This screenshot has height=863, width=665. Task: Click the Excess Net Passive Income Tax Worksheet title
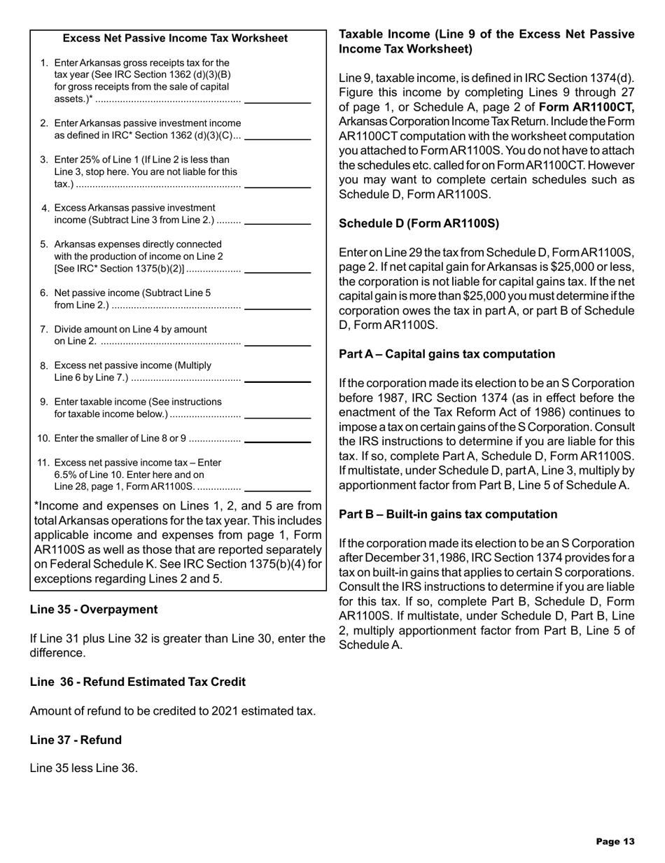click(175, 38)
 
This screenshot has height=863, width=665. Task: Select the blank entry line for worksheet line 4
click(279, 223)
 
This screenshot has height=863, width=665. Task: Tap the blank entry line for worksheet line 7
click(279, 344)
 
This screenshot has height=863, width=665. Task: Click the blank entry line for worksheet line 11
click(279, 489)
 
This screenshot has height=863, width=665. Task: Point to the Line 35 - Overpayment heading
click(94, 609)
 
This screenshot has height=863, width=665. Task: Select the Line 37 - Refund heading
click(76, 739)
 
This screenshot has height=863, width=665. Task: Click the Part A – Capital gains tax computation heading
click(447, 354)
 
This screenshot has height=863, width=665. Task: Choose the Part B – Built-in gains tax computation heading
click(448, 514)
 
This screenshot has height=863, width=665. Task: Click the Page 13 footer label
click(615, 842)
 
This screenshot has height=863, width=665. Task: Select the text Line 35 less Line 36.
click(84, 769)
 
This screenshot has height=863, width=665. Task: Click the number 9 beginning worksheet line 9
click(43, 402)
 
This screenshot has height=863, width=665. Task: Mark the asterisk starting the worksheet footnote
click(36, 505)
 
